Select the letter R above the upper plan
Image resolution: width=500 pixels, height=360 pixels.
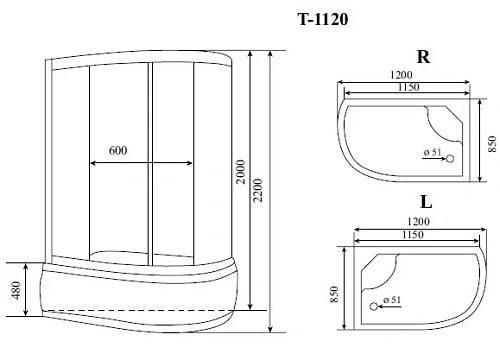[423, 57]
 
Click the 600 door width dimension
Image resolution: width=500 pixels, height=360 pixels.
[119, 150]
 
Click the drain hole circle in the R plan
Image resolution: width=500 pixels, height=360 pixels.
[448, 158]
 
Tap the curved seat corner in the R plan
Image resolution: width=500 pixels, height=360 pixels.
[449, 118]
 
